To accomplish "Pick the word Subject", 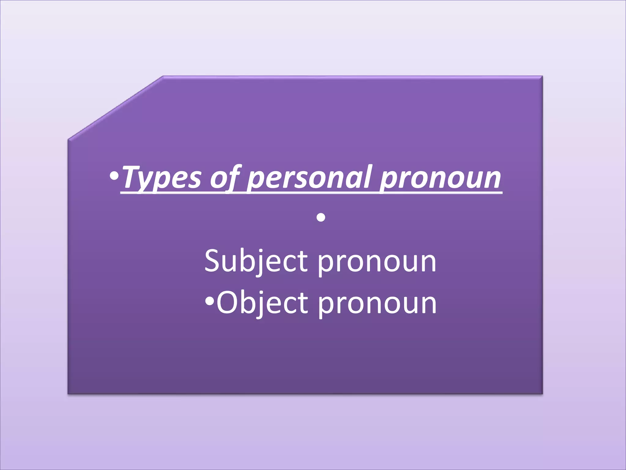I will pos(256,262).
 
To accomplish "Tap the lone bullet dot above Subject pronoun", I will pos(321,218).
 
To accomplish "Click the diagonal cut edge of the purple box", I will pos(115,108).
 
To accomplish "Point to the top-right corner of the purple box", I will pos(542,76).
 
